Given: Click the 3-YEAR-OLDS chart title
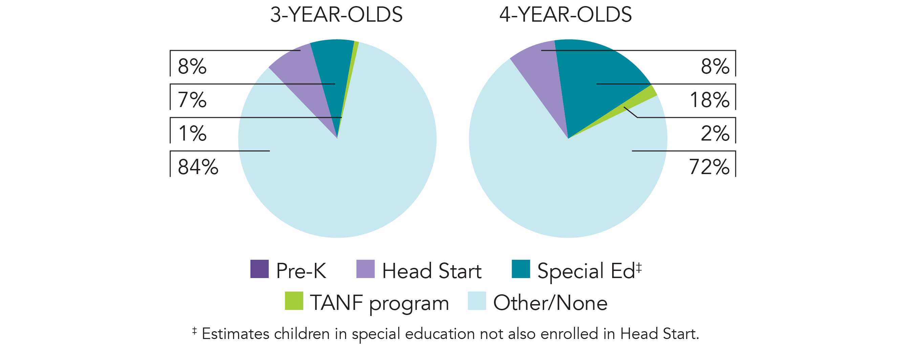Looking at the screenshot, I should point(336,15).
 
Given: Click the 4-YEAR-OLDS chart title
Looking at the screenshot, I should point(565,15).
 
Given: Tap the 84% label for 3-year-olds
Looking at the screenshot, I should point(198,167).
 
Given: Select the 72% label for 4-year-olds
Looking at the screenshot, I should point(709,167).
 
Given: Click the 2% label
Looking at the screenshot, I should point(715,133).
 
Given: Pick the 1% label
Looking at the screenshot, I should point(192,133).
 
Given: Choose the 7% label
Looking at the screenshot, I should point(192,100).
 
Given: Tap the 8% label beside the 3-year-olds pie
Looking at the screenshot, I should point(192,66).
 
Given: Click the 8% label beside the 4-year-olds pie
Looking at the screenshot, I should point(715,66).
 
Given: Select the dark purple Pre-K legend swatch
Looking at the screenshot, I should point(259,269).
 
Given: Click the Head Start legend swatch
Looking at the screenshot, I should point(365,269).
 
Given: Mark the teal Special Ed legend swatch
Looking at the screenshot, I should point(520,269).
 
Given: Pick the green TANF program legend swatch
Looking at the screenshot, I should point(294,301).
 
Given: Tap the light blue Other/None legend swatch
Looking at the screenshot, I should point(477,301).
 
